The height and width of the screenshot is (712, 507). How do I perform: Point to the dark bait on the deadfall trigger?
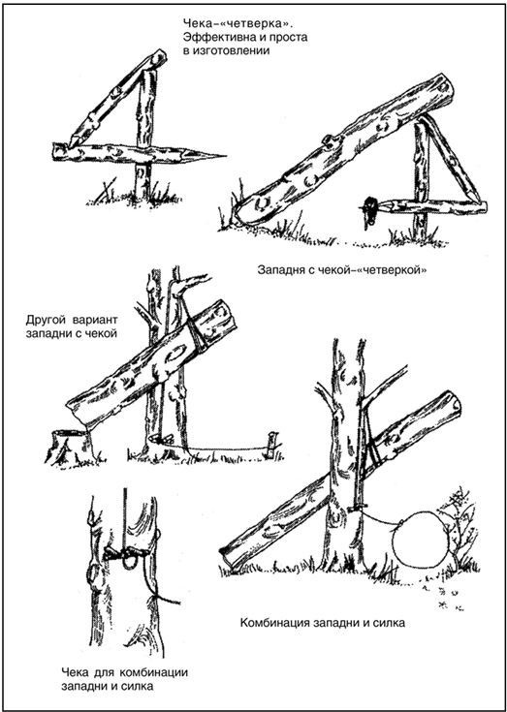tap(370, 211)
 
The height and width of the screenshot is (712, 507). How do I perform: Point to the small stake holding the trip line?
tap(271, 445)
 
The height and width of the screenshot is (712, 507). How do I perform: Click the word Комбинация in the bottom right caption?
tap(273, 623)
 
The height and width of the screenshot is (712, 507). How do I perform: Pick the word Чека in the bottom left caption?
tap(76, 672)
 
